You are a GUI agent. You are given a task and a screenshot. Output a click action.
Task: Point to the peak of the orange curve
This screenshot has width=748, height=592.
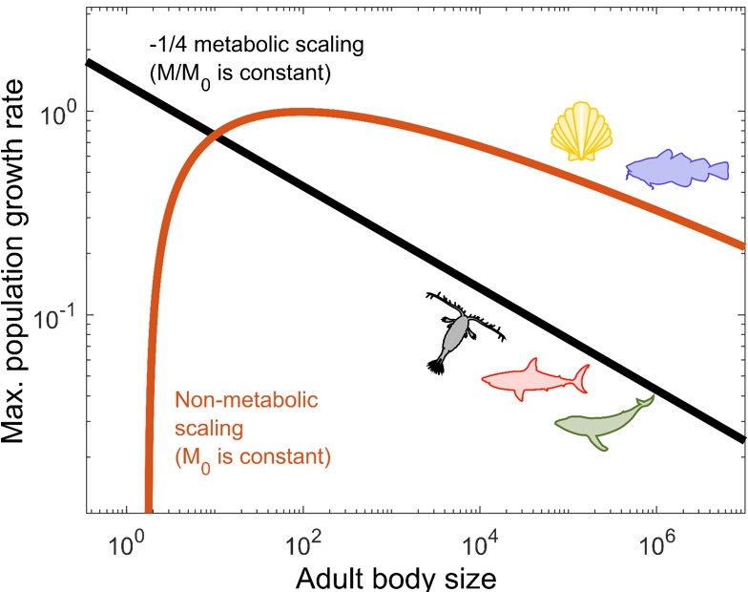point(302,111)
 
